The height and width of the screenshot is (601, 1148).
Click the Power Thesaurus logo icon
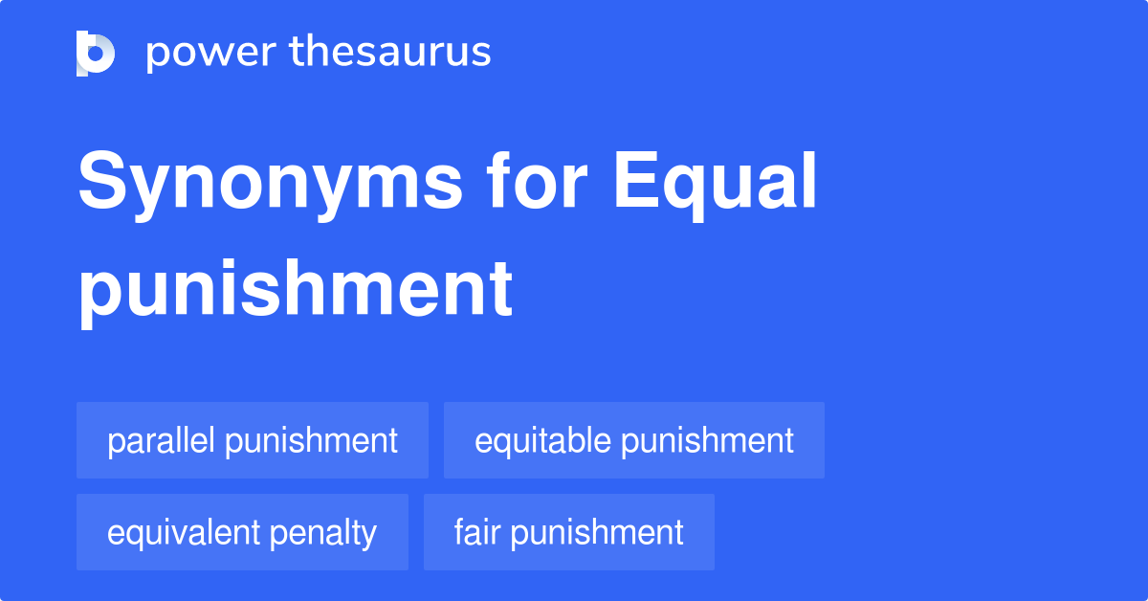point(96,53)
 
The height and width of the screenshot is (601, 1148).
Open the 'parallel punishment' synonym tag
point(253,440)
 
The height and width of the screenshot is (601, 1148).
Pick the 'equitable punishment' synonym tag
point(633,440)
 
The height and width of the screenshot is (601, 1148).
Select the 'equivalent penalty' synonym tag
point(242,532)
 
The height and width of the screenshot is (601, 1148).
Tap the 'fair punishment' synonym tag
point(568,532)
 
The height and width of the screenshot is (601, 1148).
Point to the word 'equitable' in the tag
point(542,440)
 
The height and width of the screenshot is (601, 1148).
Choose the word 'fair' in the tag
point(475,532)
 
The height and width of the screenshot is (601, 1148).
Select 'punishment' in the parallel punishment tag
point(311,440)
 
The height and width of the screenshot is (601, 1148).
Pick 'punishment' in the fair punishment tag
point(597,532)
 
